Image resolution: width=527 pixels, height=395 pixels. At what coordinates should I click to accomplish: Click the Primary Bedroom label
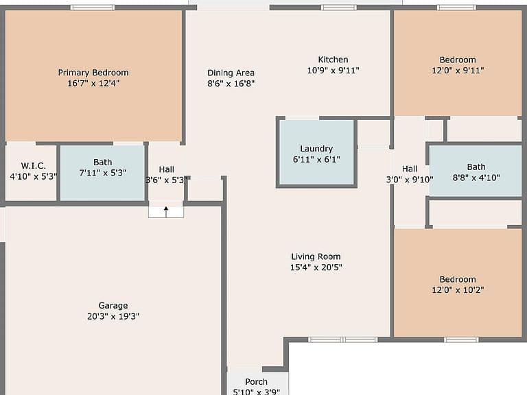coord(93,73)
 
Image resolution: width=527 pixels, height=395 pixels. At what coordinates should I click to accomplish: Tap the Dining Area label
coord(231,73)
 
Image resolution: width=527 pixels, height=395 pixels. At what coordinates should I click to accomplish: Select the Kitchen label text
coord(333,60)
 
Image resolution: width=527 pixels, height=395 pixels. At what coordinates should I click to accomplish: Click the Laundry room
coord(316,152)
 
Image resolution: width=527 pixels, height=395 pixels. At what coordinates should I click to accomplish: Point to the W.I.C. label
coord(33,165)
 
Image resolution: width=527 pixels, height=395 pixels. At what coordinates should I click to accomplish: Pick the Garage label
coord(113,306)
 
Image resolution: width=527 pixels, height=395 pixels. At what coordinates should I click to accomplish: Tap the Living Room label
coord(316,256)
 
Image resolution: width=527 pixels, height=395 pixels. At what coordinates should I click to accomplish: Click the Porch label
coord(256,382)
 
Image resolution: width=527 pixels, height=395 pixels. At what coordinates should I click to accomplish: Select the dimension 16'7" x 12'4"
coord(93,83)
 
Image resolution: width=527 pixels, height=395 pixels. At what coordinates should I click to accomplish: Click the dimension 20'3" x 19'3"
coord(113,316)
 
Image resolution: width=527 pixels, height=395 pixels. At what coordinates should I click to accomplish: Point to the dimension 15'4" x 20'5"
coord(316,267)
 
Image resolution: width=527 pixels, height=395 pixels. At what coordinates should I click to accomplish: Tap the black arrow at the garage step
coord(166,212)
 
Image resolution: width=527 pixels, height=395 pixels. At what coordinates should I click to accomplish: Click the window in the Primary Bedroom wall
coord(93,8)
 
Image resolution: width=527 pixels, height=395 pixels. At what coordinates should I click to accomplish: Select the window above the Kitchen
coord(339,8)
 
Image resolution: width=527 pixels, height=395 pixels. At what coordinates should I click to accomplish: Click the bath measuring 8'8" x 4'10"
coord(476,170)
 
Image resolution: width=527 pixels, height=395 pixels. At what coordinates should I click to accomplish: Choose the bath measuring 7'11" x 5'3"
coord(102,173)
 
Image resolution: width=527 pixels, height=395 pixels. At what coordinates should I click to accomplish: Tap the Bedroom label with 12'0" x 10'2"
coord(458,279)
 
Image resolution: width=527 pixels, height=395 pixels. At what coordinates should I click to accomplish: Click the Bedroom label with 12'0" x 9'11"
coord(458,60)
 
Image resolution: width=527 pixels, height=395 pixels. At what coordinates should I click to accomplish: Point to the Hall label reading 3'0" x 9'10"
coord(410,169)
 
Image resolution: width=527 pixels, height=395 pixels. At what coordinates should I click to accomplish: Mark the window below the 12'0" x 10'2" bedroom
coord(461,339)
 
